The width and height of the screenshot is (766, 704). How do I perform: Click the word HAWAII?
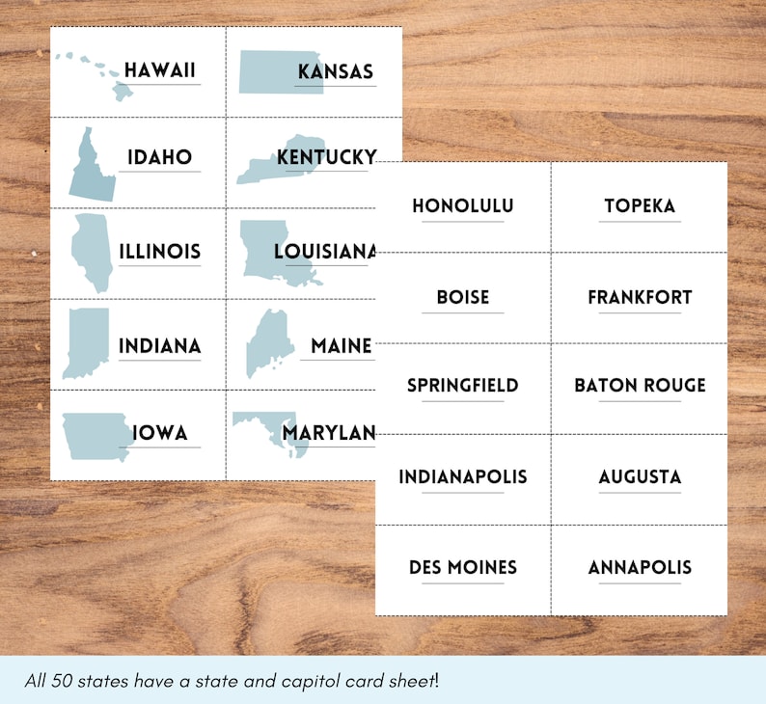coord(160,70)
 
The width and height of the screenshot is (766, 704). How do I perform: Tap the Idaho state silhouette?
coord(91,168)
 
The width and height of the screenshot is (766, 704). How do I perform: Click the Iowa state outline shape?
coord(95,436)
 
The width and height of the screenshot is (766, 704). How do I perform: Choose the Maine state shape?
coord(264,342)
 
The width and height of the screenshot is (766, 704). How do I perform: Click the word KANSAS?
coord(335,71)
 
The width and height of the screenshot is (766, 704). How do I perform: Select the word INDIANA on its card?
coord(160,345)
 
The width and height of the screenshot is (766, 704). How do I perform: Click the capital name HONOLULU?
coord(462,205)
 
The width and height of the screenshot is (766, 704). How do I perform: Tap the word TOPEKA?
coord(640,205)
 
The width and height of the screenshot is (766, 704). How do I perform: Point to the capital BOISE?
coord(462,297)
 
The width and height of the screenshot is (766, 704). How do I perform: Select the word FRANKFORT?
coord(640,297)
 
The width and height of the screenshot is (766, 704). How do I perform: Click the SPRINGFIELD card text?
coord(462,385)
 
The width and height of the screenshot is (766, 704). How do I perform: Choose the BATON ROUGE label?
coord(640,385)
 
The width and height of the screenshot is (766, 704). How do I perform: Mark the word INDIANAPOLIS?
coord(462,476)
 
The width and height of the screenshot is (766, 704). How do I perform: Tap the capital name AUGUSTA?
coord(640,476)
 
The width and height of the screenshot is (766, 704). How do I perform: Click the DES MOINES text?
coord(462,567)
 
